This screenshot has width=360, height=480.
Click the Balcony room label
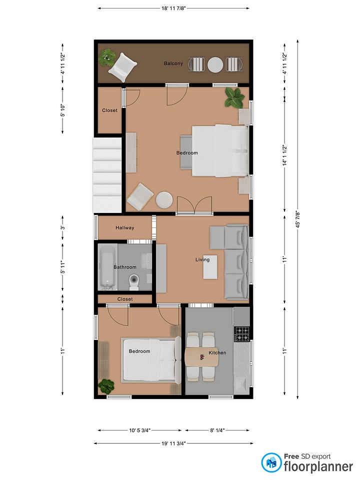[173, 63]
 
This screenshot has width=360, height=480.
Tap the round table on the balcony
[215, 65]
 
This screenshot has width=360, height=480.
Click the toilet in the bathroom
[134, 282]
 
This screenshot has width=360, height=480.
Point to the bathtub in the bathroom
[107, 266]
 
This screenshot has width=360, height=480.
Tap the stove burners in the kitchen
[242, 334]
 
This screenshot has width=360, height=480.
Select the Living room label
[202, 259]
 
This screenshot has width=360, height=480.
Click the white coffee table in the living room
[210, 267]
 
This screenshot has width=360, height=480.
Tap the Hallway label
[125, 228]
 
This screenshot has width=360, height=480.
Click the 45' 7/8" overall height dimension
[297, 219]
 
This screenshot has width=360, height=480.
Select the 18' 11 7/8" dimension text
[173, 8]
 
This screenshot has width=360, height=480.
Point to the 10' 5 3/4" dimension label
[139, 430]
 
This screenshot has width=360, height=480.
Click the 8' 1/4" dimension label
[217, 430]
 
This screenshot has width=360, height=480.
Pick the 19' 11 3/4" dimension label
[173, 443]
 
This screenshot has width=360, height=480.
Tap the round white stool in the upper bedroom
[164, 200]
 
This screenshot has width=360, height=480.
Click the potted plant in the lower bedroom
[106, 386]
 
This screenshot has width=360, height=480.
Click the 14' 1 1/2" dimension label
[284, 155]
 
